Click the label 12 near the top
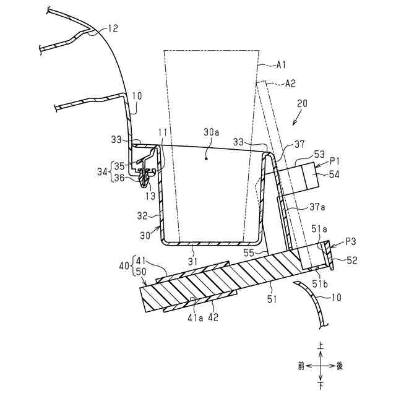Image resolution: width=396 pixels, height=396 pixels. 113,28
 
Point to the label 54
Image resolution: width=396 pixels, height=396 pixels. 335,175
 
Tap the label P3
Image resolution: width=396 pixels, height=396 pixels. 350,239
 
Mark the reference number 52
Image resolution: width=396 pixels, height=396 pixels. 350,260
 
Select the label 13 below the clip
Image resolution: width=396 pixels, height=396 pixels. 151,196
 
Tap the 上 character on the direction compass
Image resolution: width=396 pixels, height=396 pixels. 321,349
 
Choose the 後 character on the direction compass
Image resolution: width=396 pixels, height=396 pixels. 339,366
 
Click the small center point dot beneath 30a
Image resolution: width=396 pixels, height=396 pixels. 207,158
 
